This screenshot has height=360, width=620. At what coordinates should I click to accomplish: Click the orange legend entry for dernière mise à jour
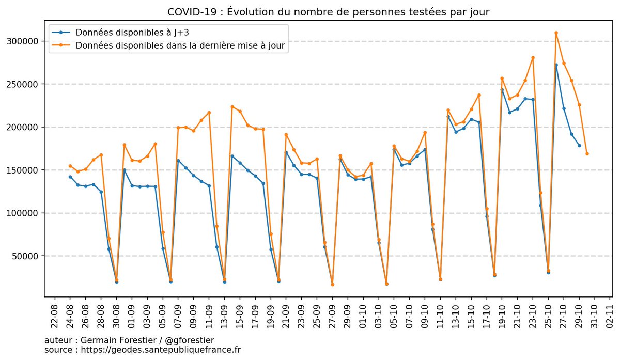coord(180,46)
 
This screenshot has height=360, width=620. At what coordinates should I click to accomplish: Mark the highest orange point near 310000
coord(556,33)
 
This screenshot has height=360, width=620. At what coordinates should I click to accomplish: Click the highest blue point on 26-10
coord(556,65)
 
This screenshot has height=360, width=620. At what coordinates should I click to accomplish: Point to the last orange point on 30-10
coord(587,153)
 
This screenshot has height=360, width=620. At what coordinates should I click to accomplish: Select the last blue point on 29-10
coord(579,146)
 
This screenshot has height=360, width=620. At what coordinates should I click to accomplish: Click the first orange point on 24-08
coord(70,166)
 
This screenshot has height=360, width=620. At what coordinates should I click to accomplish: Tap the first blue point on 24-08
coord(70,177)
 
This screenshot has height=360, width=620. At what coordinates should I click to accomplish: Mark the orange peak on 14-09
coord(232,107)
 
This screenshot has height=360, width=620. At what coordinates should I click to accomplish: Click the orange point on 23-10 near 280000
coord(533,58)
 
